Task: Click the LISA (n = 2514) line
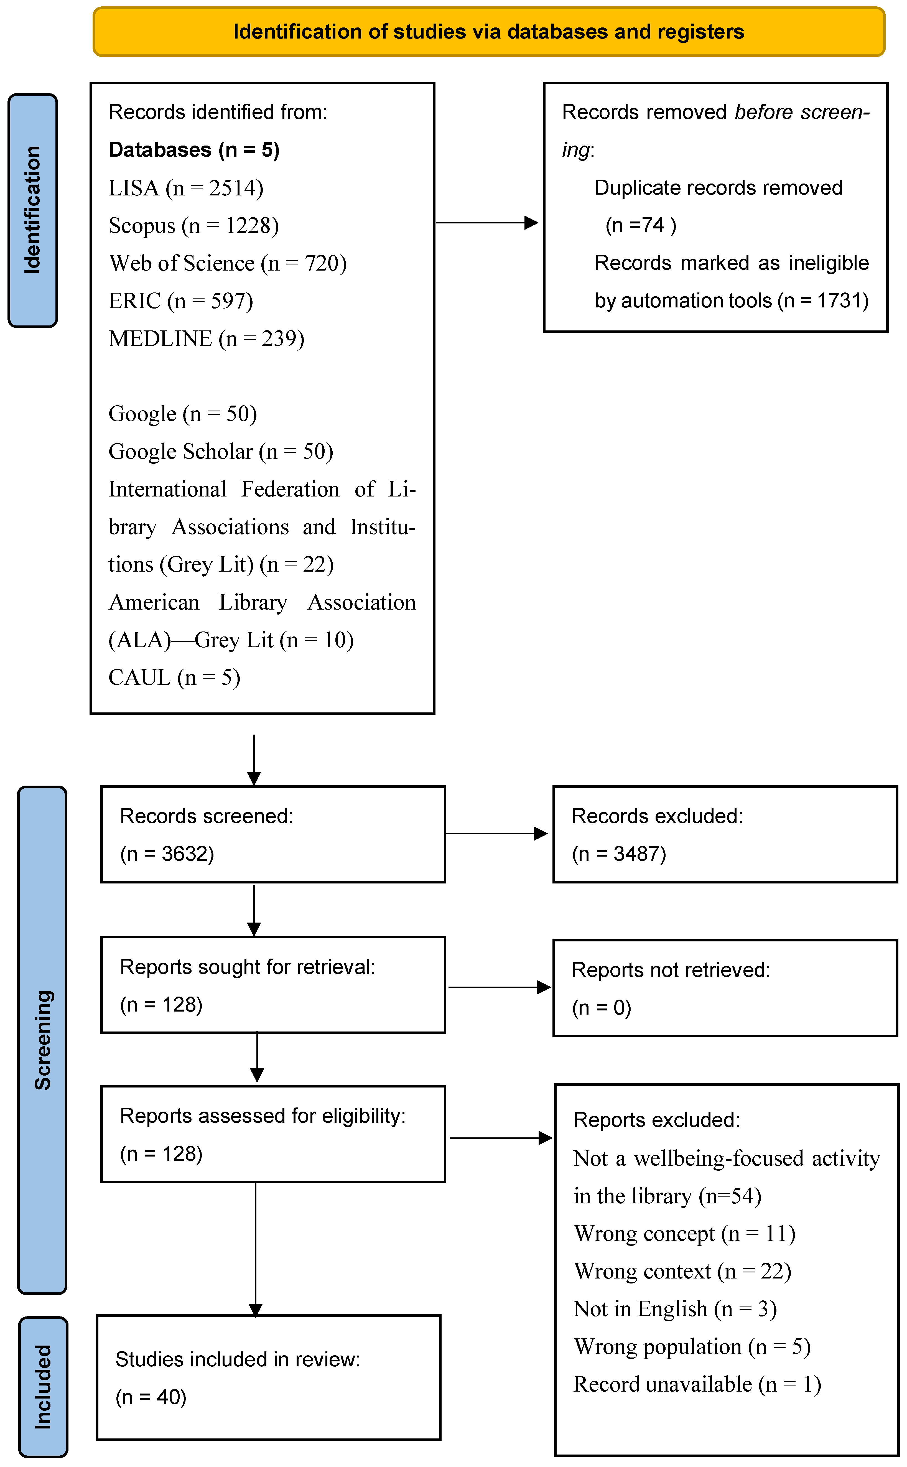point(186,188)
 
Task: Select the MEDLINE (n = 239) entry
point(206,339)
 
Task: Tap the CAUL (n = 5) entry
point(174,678)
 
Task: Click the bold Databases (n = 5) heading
point(194,150)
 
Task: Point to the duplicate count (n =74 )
point(641,225)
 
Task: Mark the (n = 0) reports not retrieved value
point(601,1008)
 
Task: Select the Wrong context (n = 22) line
point(682,1271)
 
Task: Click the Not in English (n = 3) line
point(675,1309)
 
